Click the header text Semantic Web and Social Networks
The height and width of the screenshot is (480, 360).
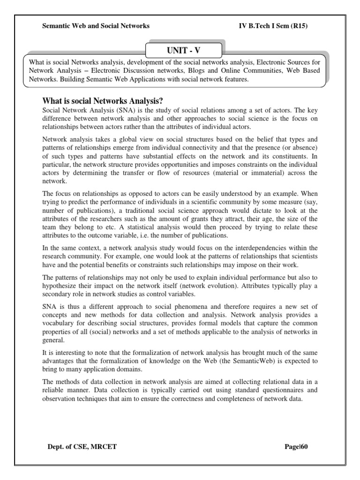[x=96, y=26]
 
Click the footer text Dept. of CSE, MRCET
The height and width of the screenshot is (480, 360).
[x=82, y=447]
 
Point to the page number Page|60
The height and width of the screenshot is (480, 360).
[x=296, y=447]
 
